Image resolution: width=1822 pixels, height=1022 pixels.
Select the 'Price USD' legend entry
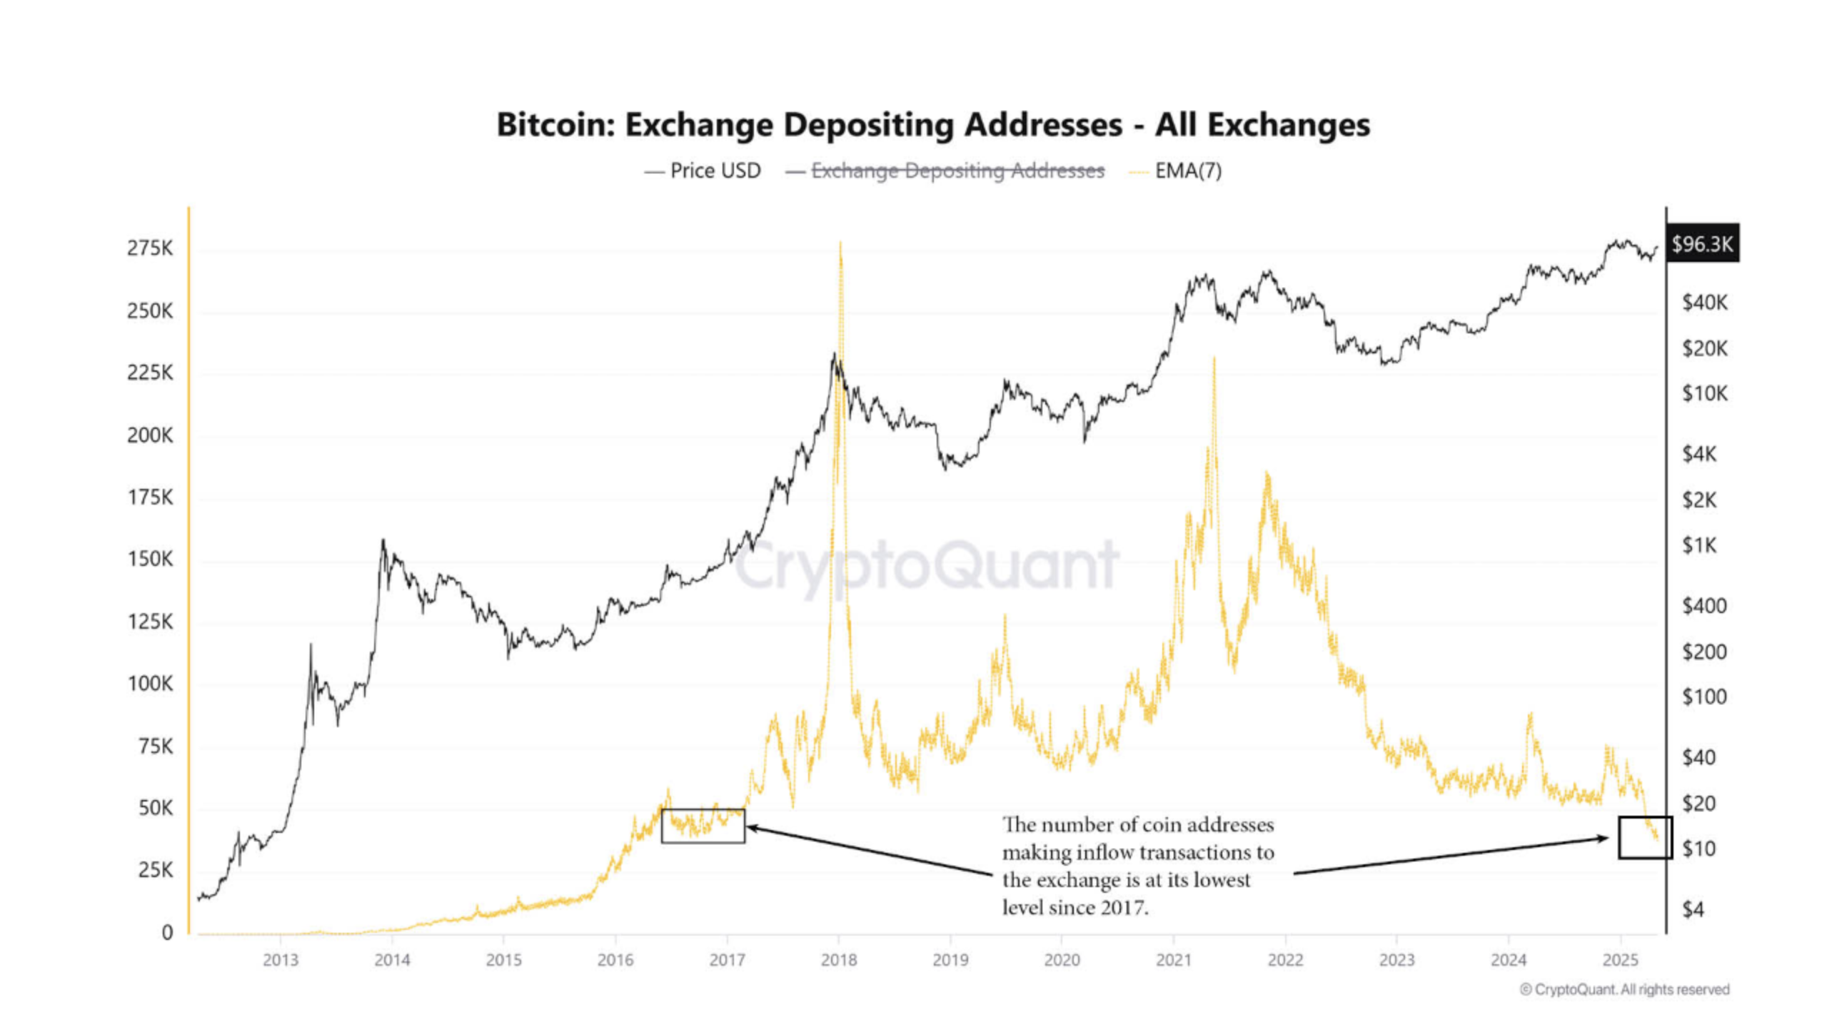pos(715,171)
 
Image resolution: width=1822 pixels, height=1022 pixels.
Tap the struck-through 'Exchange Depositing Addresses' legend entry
pos(957,171)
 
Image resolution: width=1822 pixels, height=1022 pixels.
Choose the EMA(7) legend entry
pos(1187,171)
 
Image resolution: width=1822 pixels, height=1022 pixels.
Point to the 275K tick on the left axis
pos(150,248)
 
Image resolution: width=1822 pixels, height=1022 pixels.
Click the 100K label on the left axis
pos(150,684)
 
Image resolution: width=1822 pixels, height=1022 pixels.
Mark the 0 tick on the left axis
pos(167,932)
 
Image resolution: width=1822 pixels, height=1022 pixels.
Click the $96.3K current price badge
pos(1701,245)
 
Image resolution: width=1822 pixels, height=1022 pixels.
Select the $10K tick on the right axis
pos(1704,393)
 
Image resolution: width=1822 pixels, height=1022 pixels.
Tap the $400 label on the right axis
pos(1704,606)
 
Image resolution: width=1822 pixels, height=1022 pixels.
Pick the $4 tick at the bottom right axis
pos(1693,909)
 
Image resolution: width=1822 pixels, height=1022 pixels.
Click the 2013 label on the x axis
pos(281,960)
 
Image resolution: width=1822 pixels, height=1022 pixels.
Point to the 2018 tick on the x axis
pos(839,960)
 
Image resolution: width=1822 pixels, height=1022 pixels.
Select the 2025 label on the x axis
pos(1620,960)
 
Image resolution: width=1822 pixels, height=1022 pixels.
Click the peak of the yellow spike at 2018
pos(840,244)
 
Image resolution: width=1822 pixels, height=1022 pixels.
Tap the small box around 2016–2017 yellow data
pos(703,826)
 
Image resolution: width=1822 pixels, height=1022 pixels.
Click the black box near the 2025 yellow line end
pos(1644,837)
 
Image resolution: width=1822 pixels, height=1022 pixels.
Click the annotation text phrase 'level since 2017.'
pos(1074,908)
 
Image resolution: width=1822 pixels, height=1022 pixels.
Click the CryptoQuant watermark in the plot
pos(926,565)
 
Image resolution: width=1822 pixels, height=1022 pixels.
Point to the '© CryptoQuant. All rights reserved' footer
pos(1624,989)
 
